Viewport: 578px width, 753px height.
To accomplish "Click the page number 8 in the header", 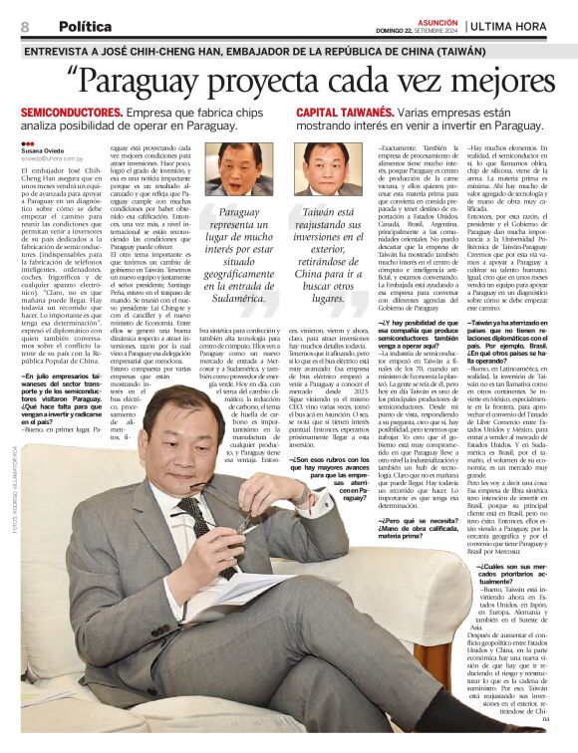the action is coord(24,27).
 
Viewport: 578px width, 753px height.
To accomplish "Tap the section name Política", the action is coord(85,27).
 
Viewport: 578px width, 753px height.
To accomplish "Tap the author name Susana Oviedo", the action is coord(43,151).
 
